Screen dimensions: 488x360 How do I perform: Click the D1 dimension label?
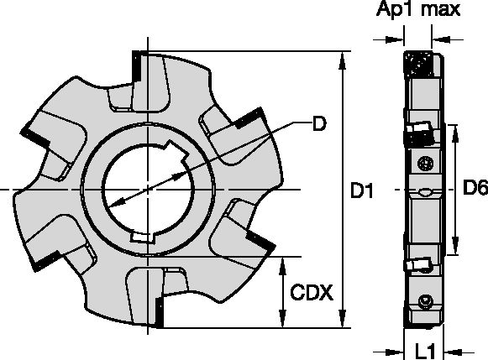click(362, 190)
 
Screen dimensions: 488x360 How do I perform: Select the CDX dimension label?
click(312, 293)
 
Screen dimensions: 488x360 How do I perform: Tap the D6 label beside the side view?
click(475, 188)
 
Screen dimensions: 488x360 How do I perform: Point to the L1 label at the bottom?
click(425, 352)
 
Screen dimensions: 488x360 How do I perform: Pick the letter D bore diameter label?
click(319, 123)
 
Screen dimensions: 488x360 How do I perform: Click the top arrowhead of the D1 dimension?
click(343, 60)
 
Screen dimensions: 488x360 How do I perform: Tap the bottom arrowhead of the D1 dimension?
click(343, 318)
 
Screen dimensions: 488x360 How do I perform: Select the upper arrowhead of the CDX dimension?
click(282, 266)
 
